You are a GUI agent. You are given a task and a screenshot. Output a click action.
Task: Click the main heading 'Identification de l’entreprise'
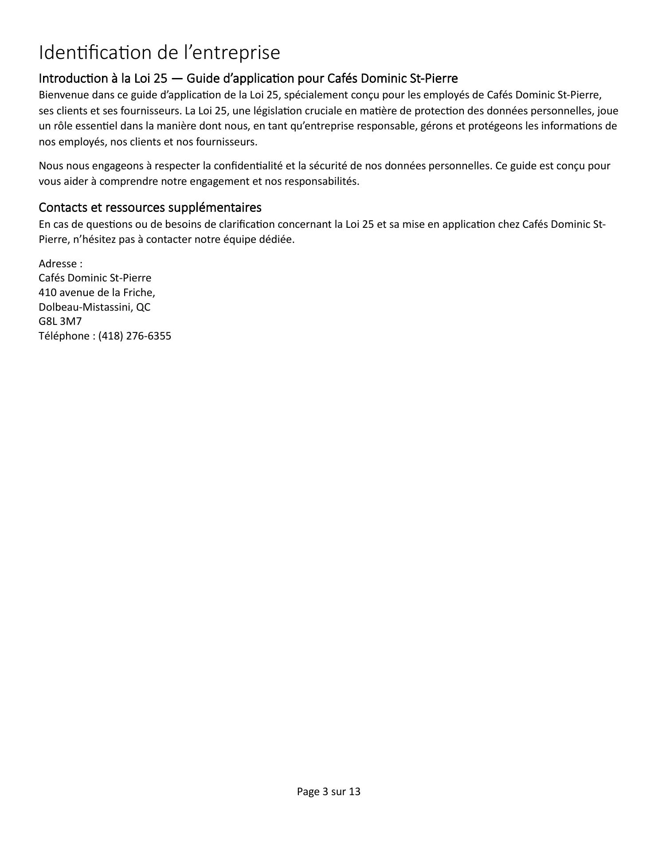click(159, 53)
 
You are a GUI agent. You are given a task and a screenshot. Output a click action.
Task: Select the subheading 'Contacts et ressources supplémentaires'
click(150, 207)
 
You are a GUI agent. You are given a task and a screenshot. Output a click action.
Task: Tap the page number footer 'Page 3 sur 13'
click(329, 791)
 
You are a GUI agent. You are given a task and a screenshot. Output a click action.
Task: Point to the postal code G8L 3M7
click(60, 321)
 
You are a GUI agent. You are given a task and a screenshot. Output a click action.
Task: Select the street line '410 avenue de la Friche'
click(97, 293)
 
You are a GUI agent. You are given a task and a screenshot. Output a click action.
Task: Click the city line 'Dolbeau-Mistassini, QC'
click(94, 307)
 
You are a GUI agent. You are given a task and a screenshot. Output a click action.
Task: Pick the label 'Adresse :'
click(60, 264)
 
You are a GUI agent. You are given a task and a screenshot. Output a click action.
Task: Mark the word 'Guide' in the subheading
click(201, 78)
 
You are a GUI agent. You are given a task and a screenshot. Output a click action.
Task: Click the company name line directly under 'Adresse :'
click(95, 278)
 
